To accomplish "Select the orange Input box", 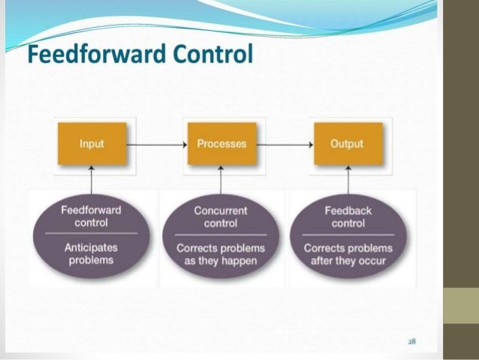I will click(92, 144).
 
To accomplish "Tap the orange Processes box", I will click(221, 144).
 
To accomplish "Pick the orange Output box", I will click(346, 144).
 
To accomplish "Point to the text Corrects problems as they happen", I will click(221, 254).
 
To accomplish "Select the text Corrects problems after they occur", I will click(347, 254).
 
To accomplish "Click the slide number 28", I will click(412, 341).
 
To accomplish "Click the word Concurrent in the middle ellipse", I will click(221, 211).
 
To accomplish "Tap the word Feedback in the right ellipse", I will click(348, 211).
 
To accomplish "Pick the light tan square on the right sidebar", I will click(461, 306).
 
